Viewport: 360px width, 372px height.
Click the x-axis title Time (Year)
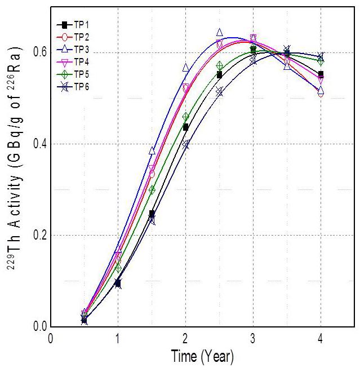pos(202,357)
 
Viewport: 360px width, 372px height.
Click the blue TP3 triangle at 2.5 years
pos(219,33)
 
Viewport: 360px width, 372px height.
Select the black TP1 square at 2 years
pos(185,127)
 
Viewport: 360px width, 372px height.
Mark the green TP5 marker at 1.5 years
pos(152,190)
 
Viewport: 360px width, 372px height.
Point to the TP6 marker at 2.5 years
pos(219,91)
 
